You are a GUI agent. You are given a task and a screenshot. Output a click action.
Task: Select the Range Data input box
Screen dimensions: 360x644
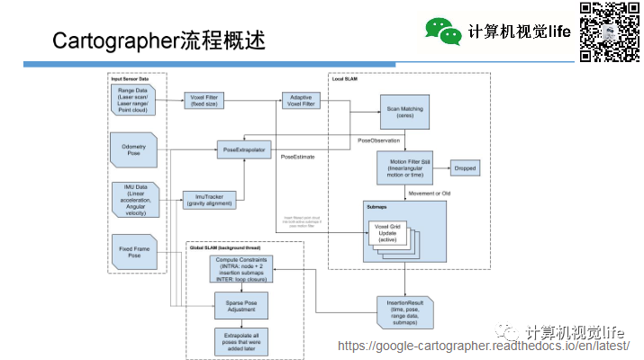click(x=135, y=103)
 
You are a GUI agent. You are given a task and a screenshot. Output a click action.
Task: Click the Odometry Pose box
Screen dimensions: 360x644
click(x=135, y=148)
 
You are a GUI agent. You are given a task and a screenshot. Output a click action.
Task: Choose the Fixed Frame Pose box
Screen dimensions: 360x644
click(x=135, y=251)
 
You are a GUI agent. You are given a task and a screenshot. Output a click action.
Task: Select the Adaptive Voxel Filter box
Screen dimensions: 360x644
click(x=300, y=102)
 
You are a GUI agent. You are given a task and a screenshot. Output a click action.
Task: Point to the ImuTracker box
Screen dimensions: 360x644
click(x=210, y=199)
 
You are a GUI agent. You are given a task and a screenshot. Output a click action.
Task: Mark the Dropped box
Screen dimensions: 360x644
click(x=465, y=168)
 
